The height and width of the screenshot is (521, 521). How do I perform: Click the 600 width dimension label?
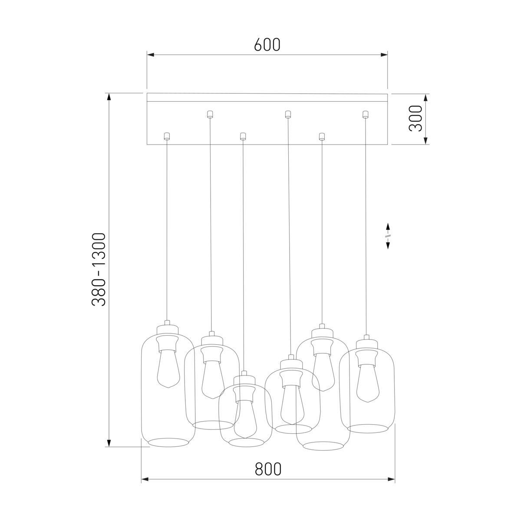(x=267, y=45)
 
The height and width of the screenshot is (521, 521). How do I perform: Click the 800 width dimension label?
(x=268, y=469)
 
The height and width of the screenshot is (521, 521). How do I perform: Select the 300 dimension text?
(x=415, y=118)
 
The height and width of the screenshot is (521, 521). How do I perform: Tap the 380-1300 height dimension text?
(x=99, y=269)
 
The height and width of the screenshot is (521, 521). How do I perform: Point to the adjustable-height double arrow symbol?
(x=388, y=236)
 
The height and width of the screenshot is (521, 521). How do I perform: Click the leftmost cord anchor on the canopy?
(x=166, y=136)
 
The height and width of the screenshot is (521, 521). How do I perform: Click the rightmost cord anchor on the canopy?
(x=365, y=114)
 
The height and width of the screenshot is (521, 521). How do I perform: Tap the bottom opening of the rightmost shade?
(x=367, y=429)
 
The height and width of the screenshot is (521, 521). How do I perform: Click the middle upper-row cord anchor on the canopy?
(x=287, y=114)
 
